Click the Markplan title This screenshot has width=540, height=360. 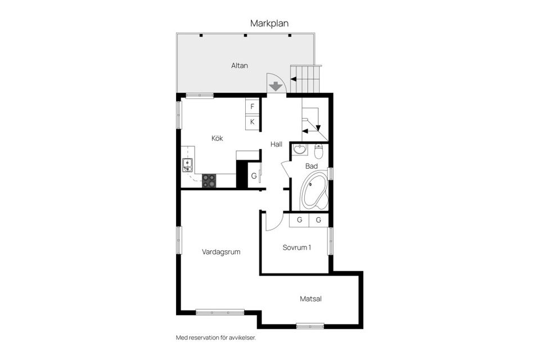[x=269, y=23]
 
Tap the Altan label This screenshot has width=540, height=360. [x=240, y=66]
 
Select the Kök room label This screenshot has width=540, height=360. [x=218, y=138]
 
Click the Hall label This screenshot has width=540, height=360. [x=276, y=145]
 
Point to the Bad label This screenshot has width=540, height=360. [x=311, y=166]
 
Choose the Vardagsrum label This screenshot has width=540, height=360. [x=221, y=252]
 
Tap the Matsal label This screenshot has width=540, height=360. [x=310, y=299]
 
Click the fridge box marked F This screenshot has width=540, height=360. [x=253, y=106]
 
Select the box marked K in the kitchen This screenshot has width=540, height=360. [x=253, y=122]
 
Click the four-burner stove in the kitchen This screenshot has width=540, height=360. [x=209, y=180]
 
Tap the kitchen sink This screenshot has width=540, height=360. [x=187, y=165]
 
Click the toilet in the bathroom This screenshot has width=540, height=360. [x=319, y=151]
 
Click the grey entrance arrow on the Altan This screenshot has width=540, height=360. [x=276, y=87]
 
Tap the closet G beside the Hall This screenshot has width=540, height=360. [x=254, y=176]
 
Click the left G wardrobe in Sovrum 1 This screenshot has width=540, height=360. [x=299, y=220]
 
